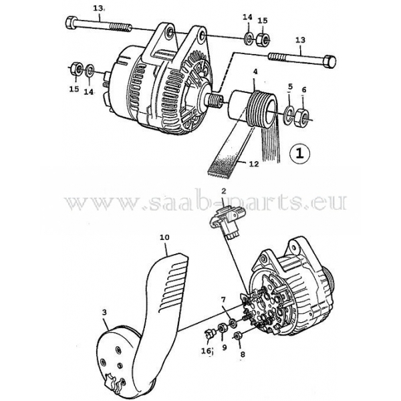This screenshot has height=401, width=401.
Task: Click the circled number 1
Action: click(299, 154)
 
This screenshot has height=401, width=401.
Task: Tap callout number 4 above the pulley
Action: click(255, 72)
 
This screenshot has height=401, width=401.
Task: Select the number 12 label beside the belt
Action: click(254, 164)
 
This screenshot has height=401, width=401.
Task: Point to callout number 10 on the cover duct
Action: click(164, 237)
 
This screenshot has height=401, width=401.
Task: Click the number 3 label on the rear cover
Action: click(104, 312)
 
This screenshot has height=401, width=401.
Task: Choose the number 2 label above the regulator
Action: click(224, 190)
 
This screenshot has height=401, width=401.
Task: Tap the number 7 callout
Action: click(223, 300)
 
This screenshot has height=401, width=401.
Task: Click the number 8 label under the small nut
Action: click(243, 354)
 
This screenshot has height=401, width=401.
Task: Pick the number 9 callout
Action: click(225, 348)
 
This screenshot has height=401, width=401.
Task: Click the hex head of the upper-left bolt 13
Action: click(70, 23)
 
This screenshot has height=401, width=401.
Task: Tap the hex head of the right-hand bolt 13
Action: click(329, 61)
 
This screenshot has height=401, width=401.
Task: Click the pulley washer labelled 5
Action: click(289, 114)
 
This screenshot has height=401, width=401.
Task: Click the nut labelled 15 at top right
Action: click(263, 39)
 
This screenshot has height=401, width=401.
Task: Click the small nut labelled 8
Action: click(237, 335)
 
